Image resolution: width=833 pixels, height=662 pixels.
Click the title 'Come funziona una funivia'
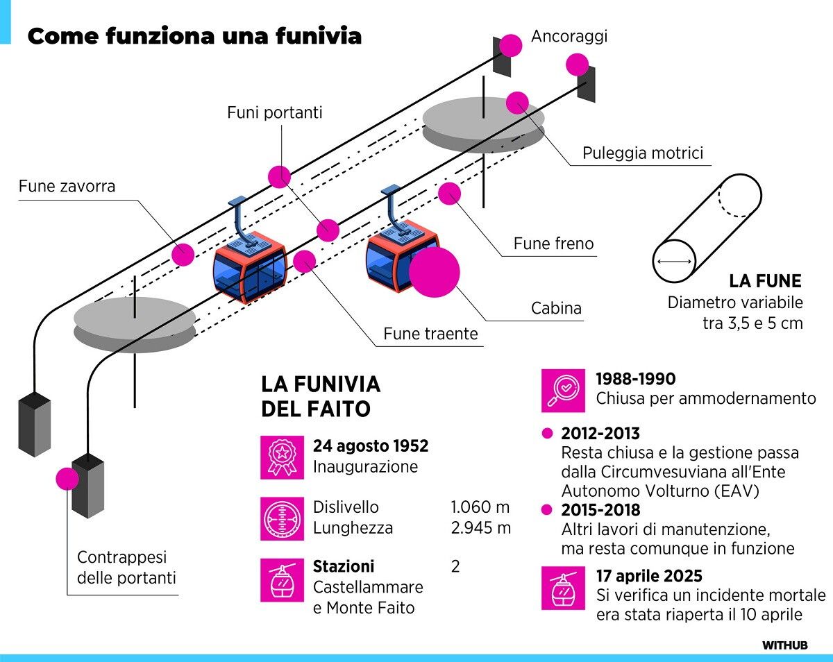(194, 36)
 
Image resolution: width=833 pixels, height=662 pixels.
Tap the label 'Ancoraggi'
(569, 36)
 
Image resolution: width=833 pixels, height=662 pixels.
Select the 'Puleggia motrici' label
(643, 153)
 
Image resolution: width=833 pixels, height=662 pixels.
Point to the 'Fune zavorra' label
(67, 186)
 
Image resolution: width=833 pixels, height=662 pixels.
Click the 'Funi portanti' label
(275, 112)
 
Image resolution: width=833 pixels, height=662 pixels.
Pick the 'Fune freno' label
(554, 244)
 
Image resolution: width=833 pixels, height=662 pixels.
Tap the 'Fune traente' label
(430, 334)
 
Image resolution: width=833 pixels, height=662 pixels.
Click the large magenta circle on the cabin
(435, 271)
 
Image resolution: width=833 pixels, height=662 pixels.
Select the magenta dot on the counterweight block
(68, 479)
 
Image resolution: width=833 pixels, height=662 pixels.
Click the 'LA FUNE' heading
(765, 281)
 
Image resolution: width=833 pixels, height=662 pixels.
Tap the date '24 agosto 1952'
(371, 445)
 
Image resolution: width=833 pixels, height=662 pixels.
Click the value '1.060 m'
(480, 507)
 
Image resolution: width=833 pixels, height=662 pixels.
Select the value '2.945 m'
(480, 527)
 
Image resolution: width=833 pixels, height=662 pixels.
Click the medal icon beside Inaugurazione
(282, 457)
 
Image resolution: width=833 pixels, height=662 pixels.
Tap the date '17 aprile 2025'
(649, 576)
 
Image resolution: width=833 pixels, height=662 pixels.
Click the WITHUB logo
(785, 645)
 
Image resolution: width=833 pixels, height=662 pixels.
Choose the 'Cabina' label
(556, 307)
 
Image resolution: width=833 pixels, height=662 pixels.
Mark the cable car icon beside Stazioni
(282, 580)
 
